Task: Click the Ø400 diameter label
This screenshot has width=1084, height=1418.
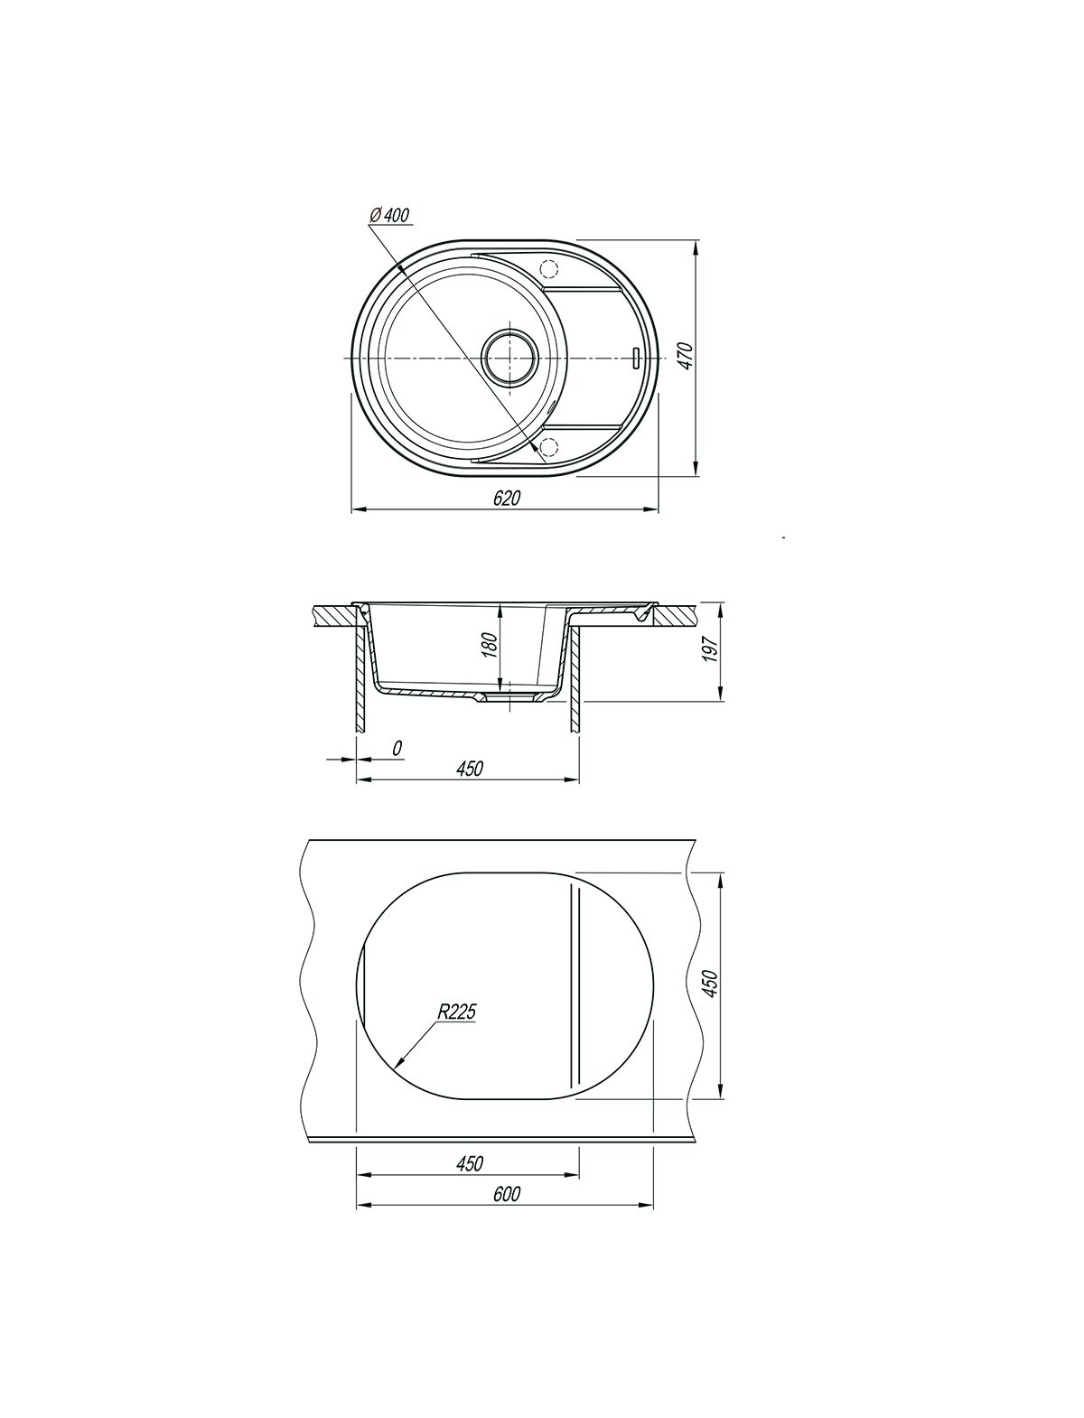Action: coord(388,215)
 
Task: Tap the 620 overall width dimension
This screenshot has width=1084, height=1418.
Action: coord(507,498)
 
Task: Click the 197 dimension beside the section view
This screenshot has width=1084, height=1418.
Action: coord(710,649)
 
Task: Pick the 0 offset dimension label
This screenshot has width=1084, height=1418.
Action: coord(397,748)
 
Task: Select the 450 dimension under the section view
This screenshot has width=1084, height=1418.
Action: coord(470,768)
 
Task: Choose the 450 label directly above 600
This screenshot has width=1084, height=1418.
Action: coord(470,1163)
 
